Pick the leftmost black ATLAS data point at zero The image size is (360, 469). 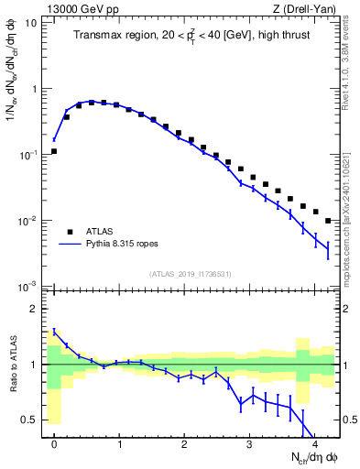click(x=54, y=151)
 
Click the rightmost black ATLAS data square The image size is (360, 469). click(x=328, y=221)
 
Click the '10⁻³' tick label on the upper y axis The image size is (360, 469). click(x=28, y=287)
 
